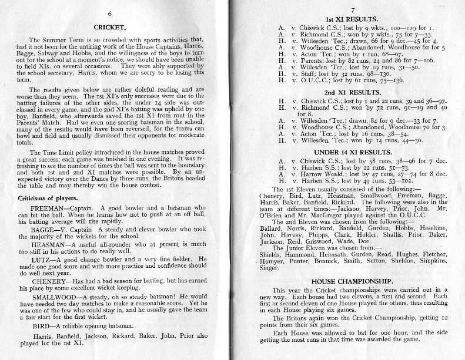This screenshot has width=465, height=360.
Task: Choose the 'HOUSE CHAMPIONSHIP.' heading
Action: [352, 282]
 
